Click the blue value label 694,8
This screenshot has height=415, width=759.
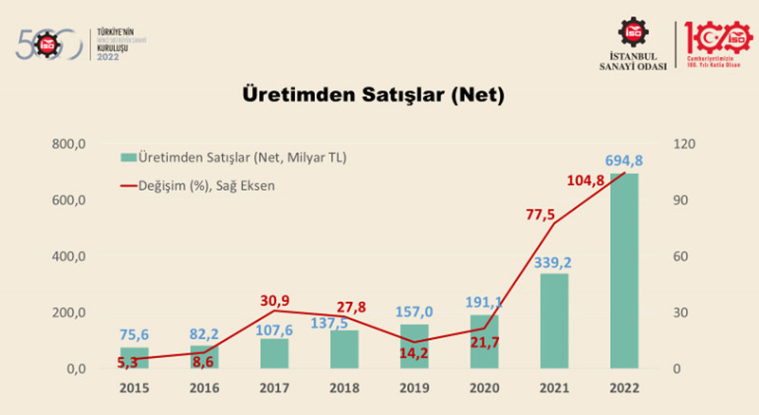(623, 160)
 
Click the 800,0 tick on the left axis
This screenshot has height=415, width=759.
(68, 144)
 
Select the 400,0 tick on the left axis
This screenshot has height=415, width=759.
(68, 256)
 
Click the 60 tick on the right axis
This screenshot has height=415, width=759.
(684, 256)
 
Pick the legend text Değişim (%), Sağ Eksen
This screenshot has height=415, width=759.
(206, 185)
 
